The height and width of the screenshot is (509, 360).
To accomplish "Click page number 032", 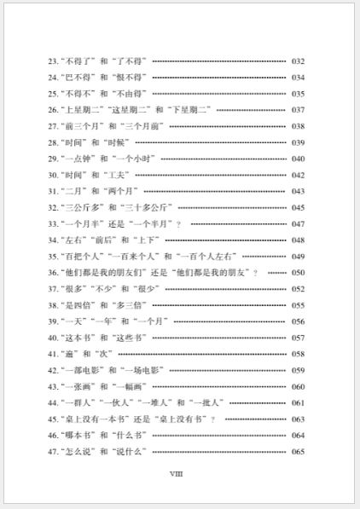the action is (298, 61).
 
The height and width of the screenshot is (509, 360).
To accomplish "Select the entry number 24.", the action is (53, 78).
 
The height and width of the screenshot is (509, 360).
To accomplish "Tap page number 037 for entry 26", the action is (298, 110).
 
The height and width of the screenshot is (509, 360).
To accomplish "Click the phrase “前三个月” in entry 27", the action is (82, 126).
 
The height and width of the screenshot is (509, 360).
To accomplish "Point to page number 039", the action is (298, 142).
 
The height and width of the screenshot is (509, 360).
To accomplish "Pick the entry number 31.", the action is (53, 191).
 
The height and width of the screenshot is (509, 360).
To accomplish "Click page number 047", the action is (298, 223).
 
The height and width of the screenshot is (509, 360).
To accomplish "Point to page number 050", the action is (298, 272).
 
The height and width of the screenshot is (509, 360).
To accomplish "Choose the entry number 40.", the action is (53, 338).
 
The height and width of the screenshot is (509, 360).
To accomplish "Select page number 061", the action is (298, 402).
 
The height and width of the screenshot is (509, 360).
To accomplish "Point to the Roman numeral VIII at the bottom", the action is (177, 473).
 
